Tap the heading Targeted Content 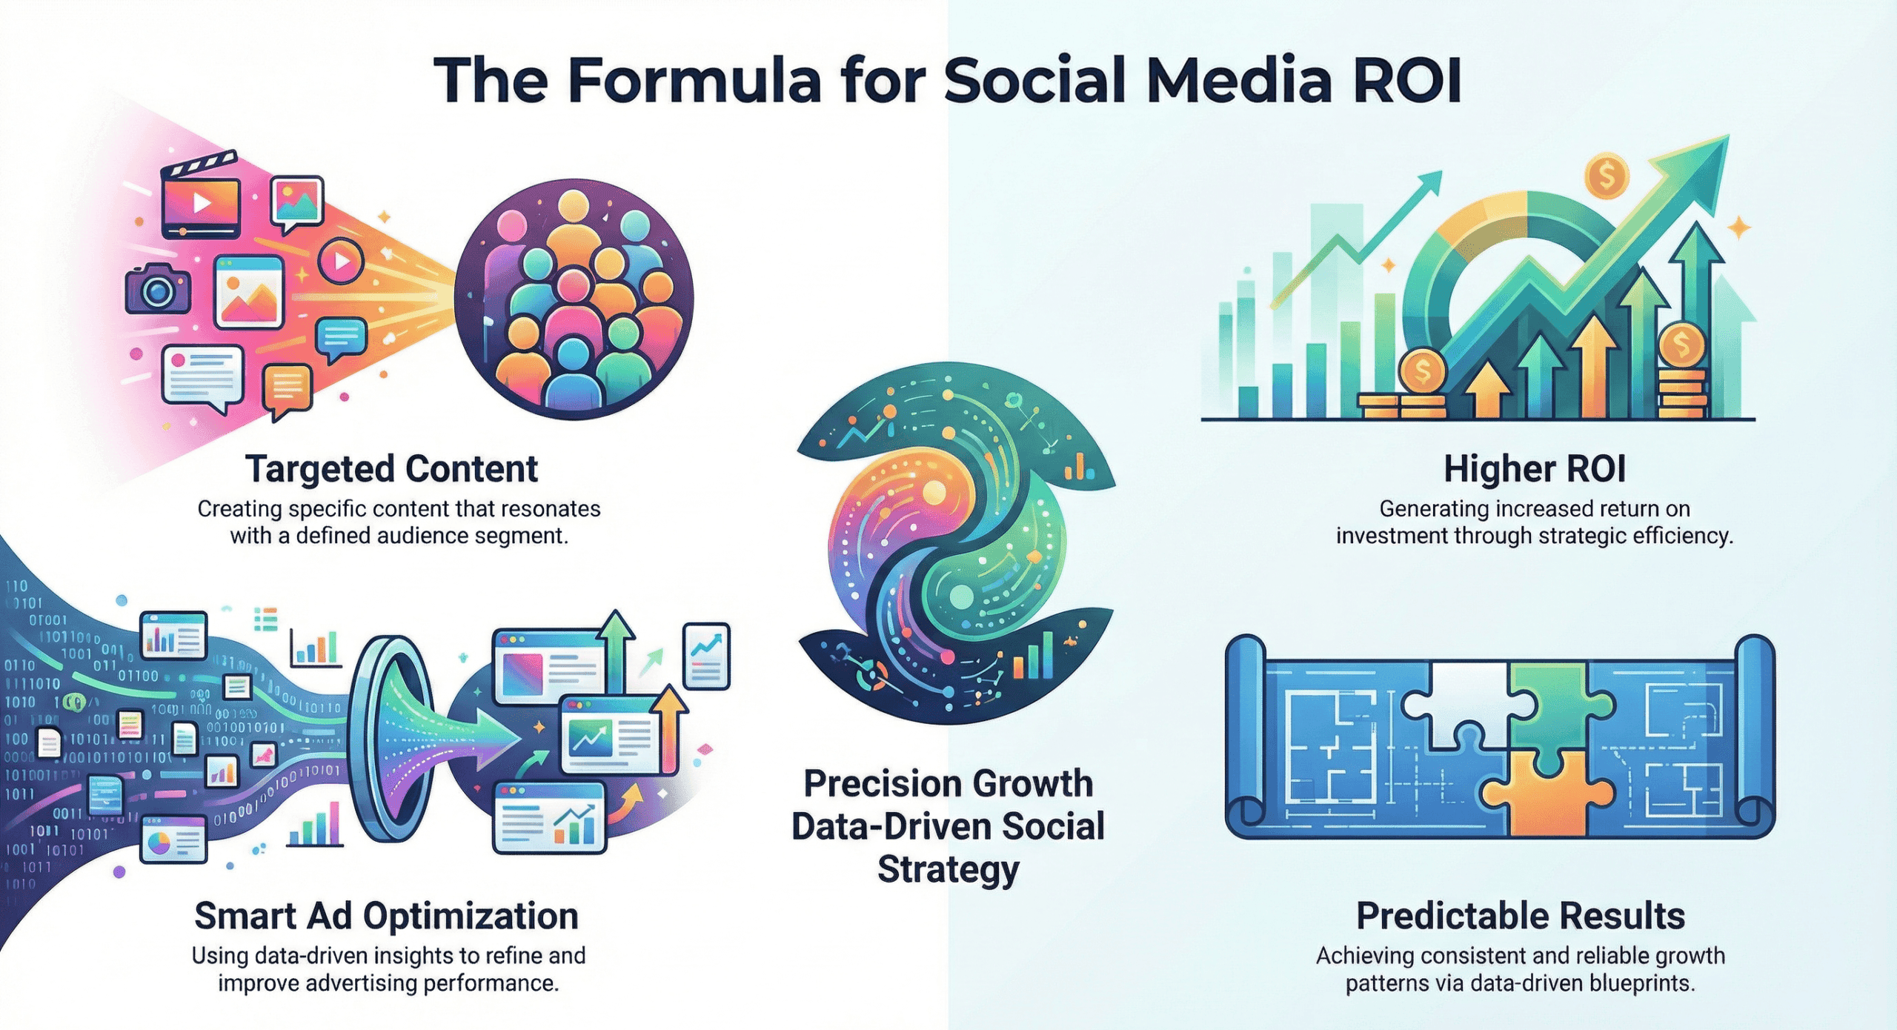coord(391,469)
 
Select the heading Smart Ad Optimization coord(386,916)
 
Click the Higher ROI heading coord(1535,469)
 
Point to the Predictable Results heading coord(1521,916)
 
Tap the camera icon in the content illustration coord(158,289)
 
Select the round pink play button coord(341,261)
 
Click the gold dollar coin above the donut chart coord(1606,176)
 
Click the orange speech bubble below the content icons coord(288,389)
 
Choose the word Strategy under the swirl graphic coord(948,870)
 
